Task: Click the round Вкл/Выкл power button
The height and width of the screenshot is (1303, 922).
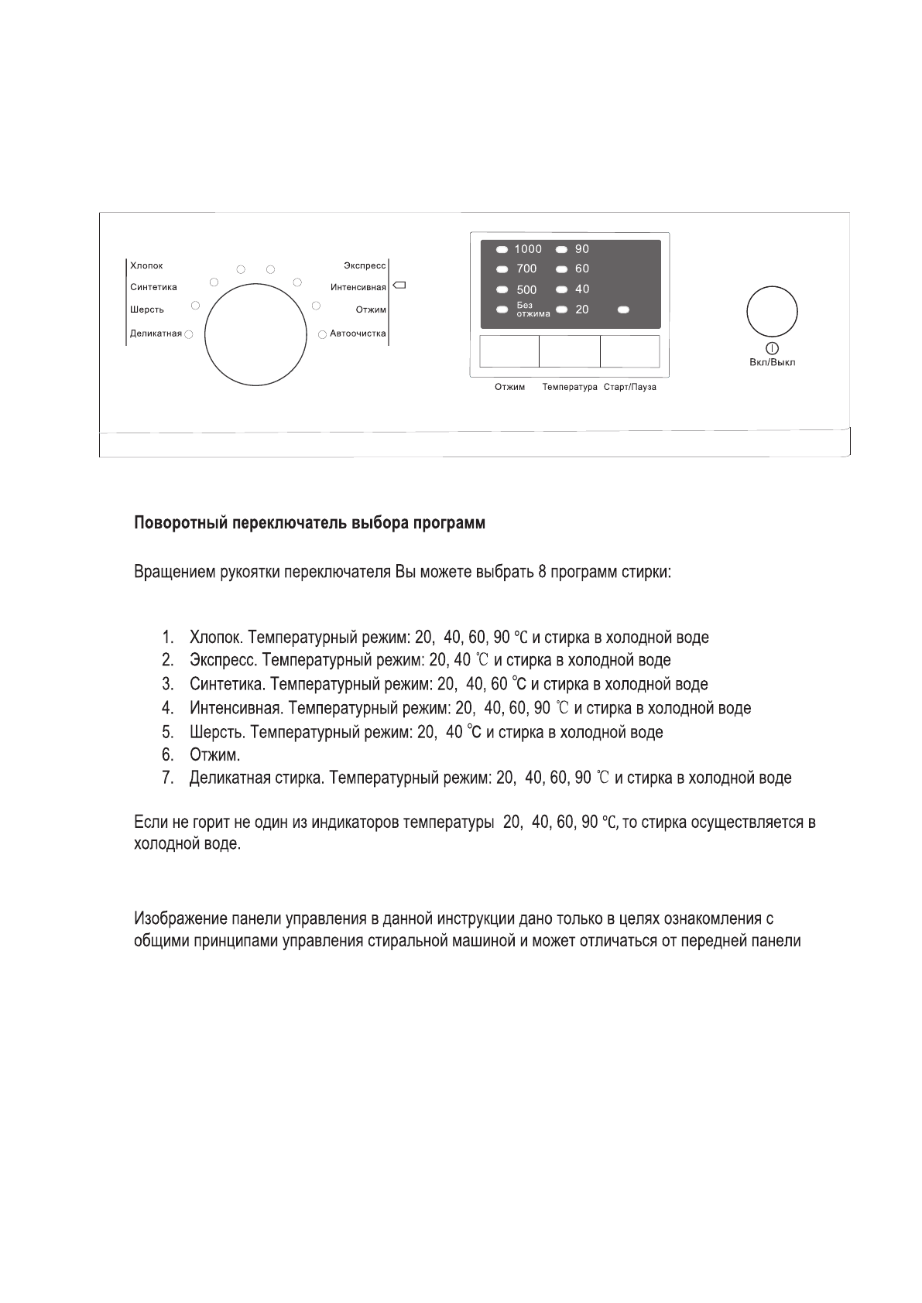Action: (x=771, y=312)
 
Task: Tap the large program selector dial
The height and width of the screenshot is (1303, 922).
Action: (x=255, y=333)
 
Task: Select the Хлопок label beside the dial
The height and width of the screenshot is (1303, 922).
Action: (x=147, y=266)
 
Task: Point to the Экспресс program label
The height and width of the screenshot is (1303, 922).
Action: (x=365, y=266)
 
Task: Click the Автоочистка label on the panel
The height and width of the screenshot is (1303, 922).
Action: (x=358, y=334)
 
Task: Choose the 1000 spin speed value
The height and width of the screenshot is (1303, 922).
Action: (x=529, y=249)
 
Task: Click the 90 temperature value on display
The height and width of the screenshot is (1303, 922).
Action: (x=582, y=249)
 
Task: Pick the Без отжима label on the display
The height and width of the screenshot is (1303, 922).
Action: (x=533, y=310)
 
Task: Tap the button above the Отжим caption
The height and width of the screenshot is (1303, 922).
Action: (x=509, y=351)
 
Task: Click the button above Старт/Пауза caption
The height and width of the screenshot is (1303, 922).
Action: (x=629, y=351)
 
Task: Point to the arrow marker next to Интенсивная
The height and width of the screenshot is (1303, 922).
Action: (x=399, y=286)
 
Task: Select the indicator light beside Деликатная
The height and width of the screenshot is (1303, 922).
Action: (x=189, y=334)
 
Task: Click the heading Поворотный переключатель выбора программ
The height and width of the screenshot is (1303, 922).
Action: (x=310, y=523)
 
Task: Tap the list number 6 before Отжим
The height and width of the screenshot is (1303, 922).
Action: (x=168, y=754)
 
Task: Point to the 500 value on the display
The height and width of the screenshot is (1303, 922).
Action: (x=526, y=290)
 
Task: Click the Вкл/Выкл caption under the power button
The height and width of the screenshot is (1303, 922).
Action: (x=772, y=362)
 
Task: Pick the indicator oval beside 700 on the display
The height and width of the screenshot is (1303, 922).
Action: (x=502, y=269)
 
